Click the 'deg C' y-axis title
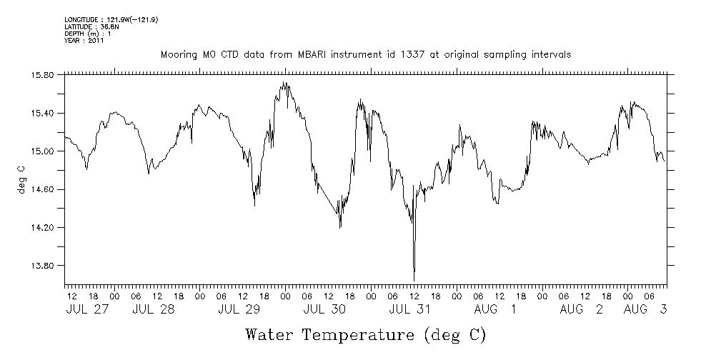click(x=22, y=179)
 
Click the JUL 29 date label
click(x=239, y=309)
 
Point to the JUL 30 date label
click(x=324, y=309)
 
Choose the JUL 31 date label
click(x=410, y=309)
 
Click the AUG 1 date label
click(x=495, y=309)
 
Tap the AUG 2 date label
click(x=581, y=309)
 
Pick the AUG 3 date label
click(x=645, y=309)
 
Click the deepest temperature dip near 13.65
click(x=414, y=279)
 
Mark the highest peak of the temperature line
click(x=284, y=83)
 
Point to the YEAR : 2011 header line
click(x=84, y=41)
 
